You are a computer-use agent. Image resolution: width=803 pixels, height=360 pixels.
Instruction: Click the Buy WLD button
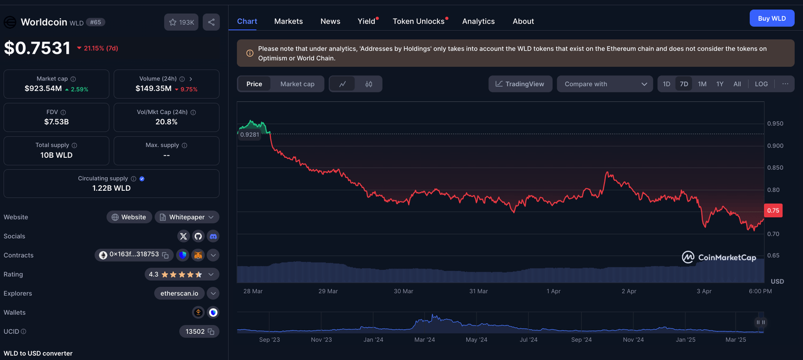tap(772, 18)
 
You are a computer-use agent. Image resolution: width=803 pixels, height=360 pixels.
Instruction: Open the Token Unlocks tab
tap(418, 21)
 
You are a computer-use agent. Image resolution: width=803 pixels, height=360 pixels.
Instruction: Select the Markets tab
tap(288, 21)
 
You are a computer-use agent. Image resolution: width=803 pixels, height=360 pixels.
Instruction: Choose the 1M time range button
tap(702, 84)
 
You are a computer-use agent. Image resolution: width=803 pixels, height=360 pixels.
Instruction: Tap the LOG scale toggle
tap(761, 84)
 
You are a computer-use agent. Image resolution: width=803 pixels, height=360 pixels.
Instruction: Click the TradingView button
tap(520, 84)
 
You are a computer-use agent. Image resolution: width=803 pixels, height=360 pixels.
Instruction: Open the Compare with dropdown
tap(605, 84)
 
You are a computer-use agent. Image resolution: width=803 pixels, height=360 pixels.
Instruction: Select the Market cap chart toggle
tap(297, 84)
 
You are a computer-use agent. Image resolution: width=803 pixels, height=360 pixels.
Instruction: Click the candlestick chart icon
tap(369, 84)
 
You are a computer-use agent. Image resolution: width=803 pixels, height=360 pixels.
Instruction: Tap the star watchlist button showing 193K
tap(181, 22)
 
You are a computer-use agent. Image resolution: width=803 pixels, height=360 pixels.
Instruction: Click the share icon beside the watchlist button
tap(211, 22)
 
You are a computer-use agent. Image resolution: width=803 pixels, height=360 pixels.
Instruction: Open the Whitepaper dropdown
tap(187, 217)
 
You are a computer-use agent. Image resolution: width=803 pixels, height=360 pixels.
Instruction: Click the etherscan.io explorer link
tap(179, 294)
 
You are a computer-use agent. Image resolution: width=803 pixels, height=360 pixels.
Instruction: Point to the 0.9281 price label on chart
tap(249, 135)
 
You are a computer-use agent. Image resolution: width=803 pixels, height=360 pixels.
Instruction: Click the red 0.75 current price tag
tap(773, 211)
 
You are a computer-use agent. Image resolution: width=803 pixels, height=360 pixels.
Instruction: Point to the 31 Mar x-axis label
tap(478, 291)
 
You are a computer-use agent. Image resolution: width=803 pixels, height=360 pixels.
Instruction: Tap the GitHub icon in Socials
tap(198, 236)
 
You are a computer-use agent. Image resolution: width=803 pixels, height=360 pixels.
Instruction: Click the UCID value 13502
tap(195, 331)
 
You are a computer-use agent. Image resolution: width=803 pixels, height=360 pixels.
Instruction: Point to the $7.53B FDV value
tap(56, 122)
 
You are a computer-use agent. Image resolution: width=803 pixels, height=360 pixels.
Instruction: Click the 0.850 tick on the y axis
tap(775, 168)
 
